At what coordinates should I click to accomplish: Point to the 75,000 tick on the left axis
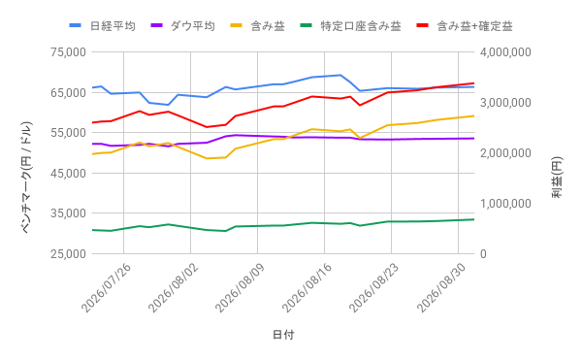tap(68, 52)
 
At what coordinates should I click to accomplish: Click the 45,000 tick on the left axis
tap(68, 173)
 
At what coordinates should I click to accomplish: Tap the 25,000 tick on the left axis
tap(68, 254)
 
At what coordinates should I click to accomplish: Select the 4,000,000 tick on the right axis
tap(505, 52)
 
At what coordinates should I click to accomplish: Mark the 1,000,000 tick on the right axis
tap(505, 204)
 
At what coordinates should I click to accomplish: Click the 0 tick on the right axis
tap(483, 254)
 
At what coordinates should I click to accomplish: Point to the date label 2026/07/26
tap(106, 288)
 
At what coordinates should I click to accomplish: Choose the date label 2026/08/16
tap(307, 288)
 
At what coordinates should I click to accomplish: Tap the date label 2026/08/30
tap(441, 288)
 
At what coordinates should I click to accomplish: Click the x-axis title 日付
tap(283, 335)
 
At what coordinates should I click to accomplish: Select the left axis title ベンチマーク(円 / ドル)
tap(27, 178)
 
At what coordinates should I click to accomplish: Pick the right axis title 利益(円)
tap(557, 178)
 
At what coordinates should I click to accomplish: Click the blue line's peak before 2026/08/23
tap(340, 75)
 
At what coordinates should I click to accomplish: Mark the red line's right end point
tap(474, 83)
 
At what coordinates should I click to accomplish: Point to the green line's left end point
tap(92, 230)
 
